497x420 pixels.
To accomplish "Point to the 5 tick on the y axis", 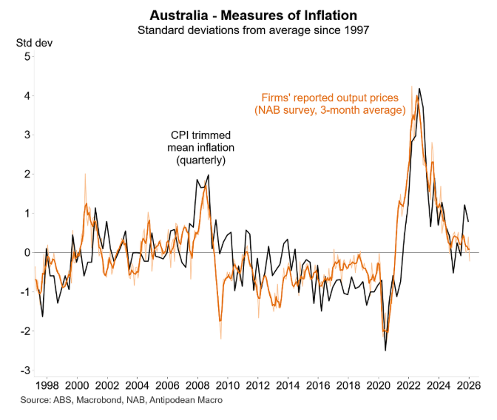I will pyautogui.click(x=27, y=57).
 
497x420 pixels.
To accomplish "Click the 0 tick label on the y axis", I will pyautogui.click(x=27, y=253).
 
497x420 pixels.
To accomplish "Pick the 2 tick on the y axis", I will pyautogui.click(x=27, y=175).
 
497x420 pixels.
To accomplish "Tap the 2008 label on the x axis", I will pyautogui.click(x=198, y=385).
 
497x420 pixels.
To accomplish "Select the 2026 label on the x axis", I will pyautogui.click(x=470, y=385).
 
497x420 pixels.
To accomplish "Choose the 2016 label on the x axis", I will pyautogui.click(x=319, y=385).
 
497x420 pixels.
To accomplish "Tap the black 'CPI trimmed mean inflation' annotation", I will pyautogui.click(x=200, y=147).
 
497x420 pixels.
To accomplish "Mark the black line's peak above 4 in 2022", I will pyautogui.click(x=420, y=89).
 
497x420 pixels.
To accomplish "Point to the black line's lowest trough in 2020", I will pyautogui.click(x=385, y=350).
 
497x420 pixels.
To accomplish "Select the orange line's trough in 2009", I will pyautogui.click(x=220, y=319).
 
